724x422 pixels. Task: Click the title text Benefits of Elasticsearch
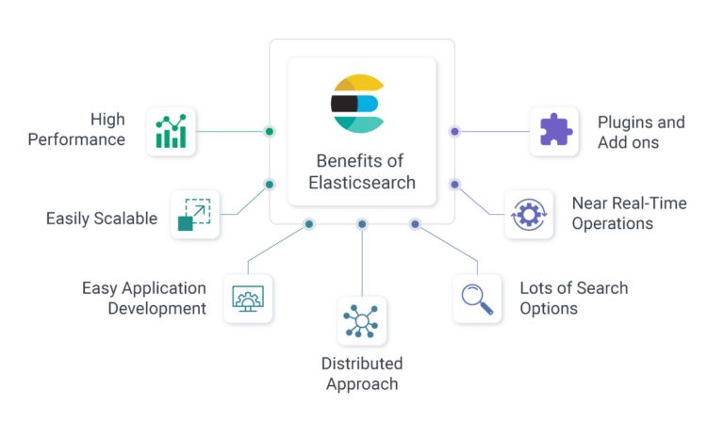[362, 171]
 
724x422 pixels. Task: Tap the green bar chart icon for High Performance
[172, 131]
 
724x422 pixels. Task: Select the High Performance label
[76, 130]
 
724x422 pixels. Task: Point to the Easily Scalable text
[102, 219]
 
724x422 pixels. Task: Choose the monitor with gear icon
[247, 299]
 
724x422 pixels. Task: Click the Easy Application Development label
[143, 298]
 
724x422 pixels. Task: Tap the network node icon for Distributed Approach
[362, 321]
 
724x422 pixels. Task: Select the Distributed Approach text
[362, 374]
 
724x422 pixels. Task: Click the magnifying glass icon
[477, 299]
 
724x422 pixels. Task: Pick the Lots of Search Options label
[573, 298]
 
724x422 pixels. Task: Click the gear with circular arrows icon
[529, 214]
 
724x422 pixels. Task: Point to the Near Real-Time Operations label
[629, 214]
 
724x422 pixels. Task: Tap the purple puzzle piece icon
[553, 131]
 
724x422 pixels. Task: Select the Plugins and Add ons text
[641, 132]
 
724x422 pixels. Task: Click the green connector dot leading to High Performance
[270, 131]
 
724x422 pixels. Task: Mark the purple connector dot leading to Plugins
[454, 131]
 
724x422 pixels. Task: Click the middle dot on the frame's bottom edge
[362, 224]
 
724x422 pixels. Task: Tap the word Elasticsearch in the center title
[362, 183]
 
